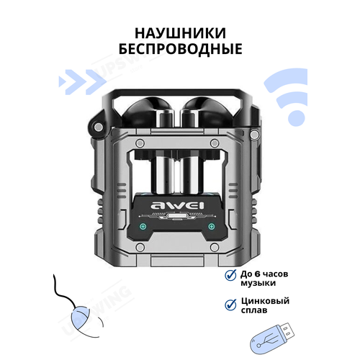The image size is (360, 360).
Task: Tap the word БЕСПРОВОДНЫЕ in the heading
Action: click(x=179, y=51)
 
